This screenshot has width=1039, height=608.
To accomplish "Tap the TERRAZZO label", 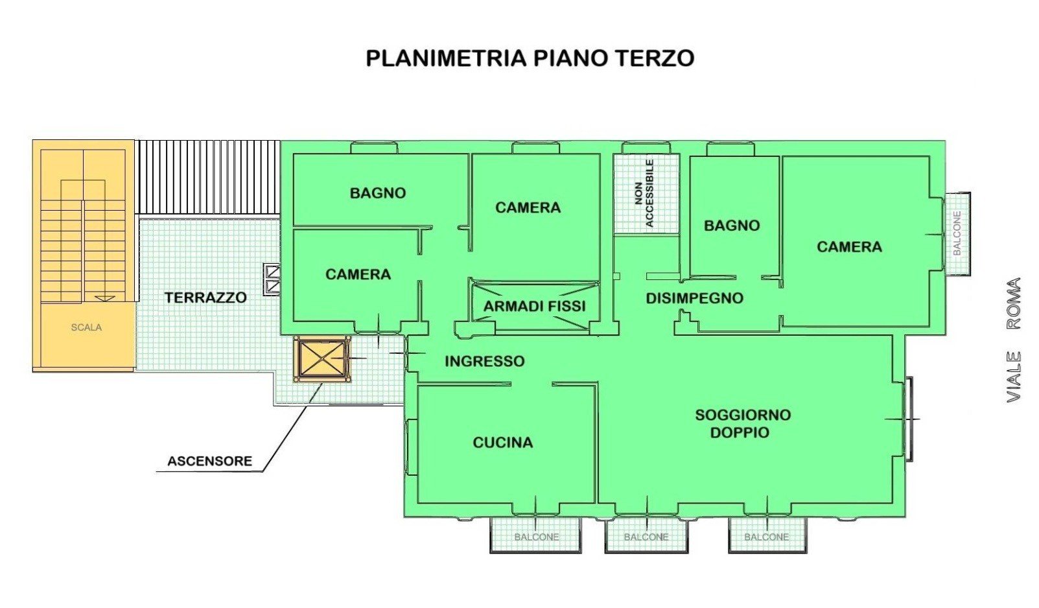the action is pyautogui.click(x=205, y=298).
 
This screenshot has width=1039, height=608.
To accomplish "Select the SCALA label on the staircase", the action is pyautogui.click(x=86, y=327).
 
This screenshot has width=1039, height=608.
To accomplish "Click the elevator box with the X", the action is pyautogui.click(x=322, y=358).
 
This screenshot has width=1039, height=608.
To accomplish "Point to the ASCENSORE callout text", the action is pyautogui.click(x=209, y=461).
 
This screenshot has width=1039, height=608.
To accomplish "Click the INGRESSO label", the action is pyautogui.click(x=485, y=361).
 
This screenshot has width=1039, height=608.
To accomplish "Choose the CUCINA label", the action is pyautogui.click(x=503, y=443).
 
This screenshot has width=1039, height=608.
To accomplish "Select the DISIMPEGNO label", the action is pyautogui.click(x=695, y=298).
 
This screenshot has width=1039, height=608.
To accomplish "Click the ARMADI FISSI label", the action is pyautogui.click(x=534, y=306).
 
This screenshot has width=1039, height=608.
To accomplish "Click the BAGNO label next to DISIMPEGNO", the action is pyautogui.click(x=732, y=226).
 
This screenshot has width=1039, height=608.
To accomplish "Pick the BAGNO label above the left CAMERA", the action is pyautogui.click(x=378, y=193).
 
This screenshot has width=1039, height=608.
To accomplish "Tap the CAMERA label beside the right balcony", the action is pyautogui.click(x=849, y=247).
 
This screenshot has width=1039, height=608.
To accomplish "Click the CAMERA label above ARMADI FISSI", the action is pyautogui.click(x=528, y=207).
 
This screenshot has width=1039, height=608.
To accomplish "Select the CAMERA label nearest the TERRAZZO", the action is pyautogui.click(x=358, y=275).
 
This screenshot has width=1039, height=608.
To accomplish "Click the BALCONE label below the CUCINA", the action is pyautogui.click(x=537, y=537).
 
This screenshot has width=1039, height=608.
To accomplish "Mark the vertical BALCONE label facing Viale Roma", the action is pyautogui.click(x=957, y=233).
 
